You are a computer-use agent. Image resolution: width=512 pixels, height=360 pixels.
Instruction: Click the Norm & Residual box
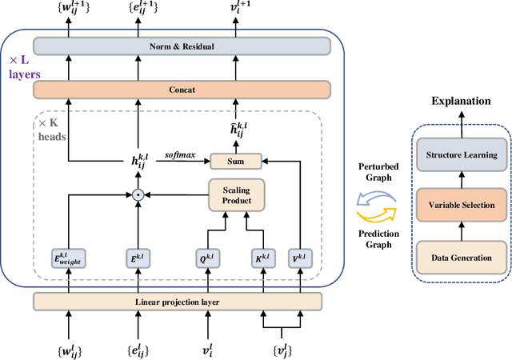[182, 46]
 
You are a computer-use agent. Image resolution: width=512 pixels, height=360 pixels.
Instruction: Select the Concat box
[182, 90]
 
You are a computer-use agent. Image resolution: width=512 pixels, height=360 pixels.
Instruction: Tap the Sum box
[235, 162]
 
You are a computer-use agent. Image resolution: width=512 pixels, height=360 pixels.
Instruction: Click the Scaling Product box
[235, 194]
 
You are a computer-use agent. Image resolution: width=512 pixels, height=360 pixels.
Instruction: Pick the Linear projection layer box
[177, 301]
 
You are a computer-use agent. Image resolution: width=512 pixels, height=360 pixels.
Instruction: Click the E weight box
[69, 258]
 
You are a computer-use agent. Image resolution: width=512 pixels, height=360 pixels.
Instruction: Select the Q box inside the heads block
[206, 258]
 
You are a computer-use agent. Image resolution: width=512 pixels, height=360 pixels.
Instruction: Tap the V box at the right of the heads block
[300, 258]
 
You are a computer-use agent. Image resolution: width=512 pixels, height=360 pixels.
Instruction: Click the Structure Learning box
[462, 155]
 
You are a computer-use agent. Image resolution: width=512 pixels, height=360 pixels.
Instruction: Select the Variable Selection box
[462, 206]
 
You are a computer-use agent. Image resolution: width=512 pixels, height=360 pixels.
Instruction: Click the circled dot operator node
[137, 194]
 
